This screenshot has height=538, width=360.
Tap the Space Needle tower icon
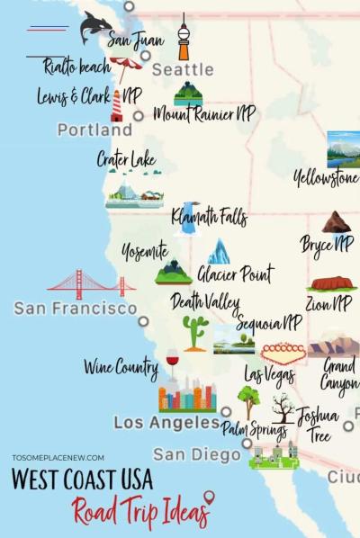point(184,38)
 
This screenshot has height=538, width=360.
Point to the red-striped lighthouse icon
point(116,104)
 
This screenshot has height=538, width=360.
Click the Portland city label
point(94,130)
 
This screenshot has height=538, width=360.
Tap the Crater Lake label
point(126,160)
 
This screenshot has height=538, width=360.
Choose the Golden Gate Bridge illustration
point(91,283)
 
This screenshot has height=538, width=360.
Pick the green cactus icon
point(194,332)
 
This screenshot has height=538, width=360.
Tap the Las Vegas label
point(269,374)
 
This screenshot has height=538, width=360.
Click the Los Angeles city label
point(166,422)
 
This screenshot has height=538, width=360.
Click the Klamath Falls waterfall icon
point(188,217)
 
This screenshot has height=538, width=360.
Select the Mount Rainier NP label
point(204,114)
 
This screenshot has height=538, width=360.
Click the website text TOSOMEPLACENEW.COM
point(58,457)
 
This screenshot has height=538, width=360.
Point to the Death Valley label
point(205,301)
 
